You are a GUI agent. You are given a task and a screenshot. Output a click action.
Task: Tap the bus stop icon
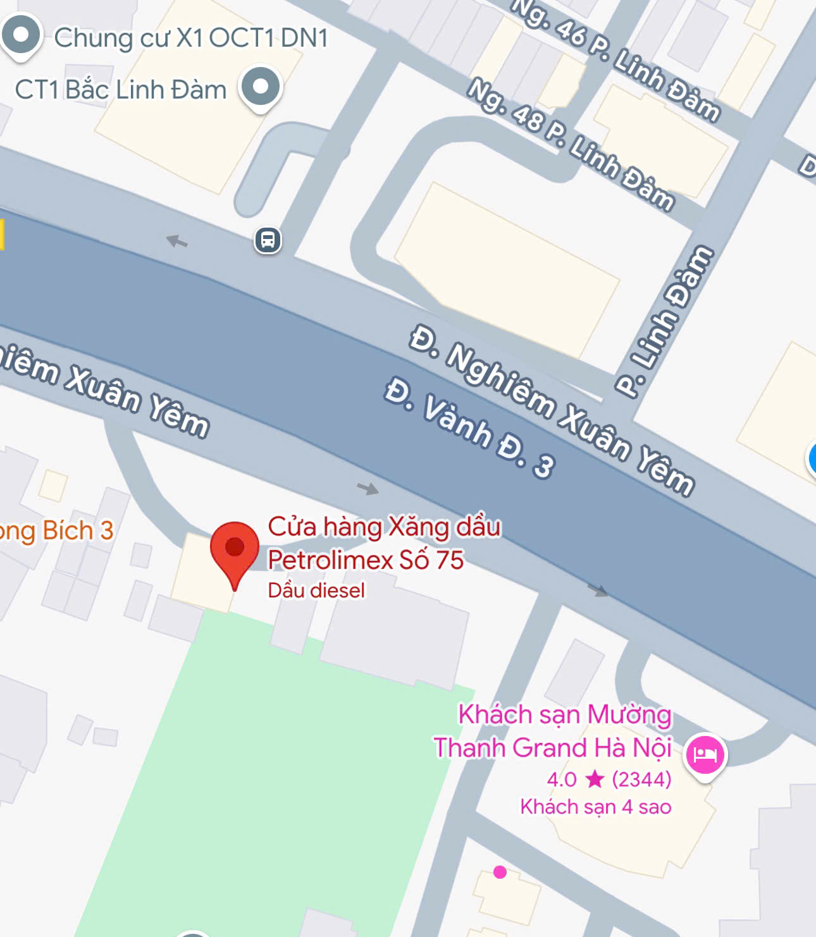tap(268, 240)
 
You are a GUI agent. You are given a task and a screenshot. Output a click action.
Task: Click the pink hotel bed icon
tap(705, 754)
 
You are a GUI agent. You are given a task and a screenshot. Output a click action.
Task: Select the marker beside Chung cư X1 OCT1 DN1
tap(22, 35)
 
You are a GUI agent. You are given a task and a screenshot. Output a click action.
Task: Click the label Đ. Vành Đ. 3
tap(470, 427)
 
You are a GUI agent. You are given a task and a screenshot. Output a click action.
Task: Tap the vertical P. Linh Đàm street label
tap(664, 322)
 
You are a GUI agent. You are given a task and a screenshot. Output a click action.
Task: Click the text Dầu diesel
tap(316, 591)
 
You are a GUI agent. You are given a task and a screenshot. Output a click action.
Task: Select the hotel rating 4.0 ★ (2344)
tap(609, 779)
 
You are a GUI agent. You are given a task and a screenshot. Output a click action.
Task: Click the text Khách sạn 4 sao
tap(595, 807)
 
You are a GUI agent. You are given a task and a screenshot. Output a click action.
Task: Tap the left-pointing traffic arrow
tap(176, 241)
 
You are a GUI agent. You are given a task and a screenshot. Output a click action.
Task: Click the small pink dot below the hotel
tap(500, 873)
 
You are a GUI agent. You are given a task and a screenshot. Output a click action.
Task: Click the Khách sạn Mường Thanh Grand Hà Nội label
tap(553, 732)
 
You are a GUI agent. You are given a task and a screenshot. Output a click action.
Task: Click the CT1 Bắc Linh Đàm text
tap(120, 90)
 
